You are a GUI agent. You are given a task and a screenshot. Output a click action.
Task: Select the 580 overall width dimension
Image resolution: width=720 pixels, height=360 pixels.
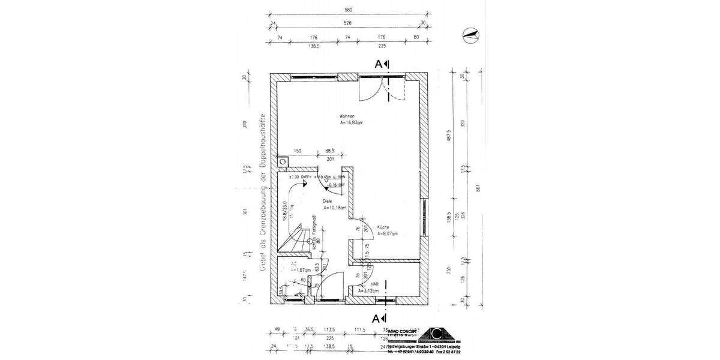[x=347, y=9]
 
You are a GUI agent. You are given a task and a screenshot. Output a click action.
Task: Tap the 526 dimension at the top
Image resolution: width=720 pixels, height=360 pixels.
[x=347, y=23]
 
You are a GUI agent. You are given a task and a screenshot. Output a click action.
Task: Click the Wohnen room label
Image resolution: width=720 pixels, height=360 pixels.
[x=329, y=116]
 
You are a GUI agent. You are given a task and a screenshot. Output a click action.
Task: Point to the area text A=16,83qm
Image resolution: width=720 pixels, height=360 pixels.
[x=334, y=123]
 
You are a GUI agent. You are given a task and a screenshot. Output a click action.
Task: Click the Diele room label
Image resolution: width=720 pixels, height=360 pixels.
[x=327, y=202]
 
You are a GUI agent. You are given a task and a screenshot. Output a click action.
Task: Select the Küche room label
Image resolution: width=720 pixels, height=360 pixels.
[x=383, y=227]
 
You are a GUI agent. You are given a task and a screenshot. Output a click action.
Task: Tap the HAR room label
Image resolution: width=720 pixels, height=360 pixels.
[x=374, y=284]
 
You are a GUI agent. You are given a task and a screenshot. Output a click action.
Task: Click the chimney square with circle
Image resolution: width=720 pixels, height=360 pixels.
[x=283, y=161]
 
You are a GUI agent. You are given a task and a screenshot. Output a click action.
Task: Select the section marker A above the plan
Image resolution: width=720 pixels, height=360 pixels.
[x=382, y=64]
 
